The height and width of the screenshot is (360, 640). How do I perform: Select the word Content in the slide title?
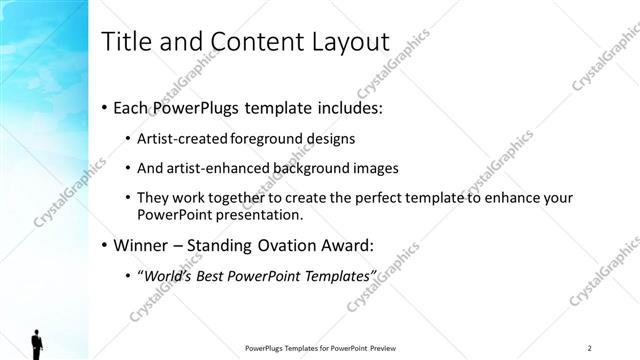tap(250, 42)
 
